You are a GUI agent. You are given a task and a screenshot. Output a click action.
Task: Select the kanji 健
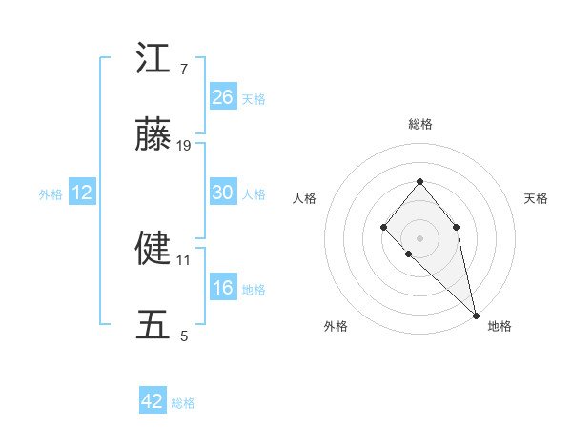[153, 249]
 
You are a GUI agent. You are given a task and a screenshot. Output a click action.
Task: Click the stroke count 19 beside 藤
[184, 146]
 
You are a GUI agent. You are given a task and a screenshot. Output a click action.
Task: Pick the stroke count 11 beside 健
[184, 258]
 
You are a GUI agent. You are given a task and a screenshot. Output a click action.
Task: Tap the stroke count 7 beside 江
[183, 69]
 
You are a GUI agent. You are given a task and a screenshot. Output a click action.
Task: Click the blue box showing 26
[222, 97]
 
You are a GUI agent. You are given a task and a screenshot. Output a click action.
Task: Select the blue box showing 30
[222, 193]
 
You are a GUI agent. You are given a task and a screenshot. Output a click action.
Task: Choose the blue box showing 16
[222, 288]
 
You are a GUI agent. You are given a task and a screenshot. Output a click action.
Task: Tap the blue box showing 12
[82, 193]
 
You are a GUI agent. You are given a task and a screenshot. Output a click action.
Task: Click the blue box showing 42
[153, 401]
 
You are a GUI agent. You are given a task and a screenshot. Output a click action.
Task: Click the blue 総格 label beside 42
[183, 403]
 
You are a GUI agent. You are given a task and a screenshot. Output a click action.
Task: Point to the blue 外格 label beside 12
[51, 193]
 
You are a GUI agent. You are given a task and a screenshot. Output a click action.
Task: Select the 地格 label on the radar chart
[500, 326]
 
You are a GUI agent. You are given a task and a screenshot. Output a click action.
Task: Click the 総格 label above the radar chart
[419, 124]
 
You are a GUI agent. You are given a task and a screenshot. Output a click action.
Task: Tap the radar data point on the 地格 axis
[476, 316]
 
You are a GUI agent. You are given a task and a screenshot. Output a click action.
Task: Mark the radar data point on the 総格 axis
[419, 181]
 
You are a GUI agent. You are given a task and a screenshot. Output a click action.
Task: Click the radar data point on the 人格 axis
[383, 227]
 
